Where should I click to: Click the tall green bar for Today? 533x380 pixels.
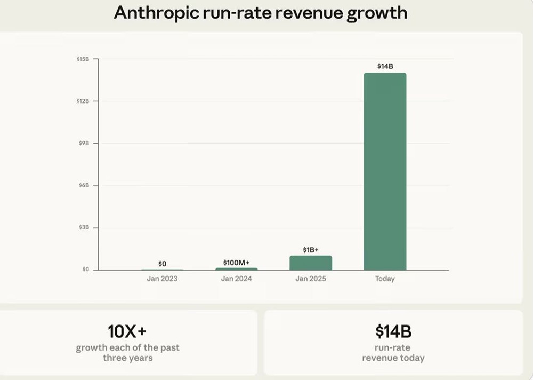[x=385, y=171]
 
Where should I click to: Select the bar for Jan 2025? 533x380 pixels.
[x=311, y=263]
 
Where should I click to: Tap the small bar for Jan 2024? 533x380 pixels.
[x=236, y=268]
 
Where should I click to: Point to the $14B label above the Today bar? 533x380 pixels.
[x=385, y=67]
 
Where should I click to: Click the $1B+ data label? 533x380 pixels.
[x=311, y=250]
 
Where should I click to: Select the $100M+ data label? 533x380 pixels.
[x=236, y=262]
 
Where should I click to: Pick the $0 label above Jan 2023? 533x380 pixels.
[x=162, y=264]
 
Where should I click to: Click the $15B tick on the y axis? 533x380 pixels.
[x=83, y=59]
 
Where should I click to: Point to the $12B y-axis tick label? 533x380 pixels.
[x=83, y=101]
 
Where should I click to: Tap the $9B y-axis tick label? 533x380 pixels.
[x=84, y=144]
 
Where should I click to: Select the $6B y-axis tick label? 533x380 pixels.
[x=84, y=185]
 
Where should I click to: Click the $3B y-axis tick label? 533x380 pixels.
[x=84, y=227]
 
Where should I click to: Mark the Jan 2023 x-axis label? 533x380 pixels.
[x=162, y=279]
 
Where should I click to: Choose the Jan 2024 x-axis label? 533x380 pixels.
[x=236, y=279]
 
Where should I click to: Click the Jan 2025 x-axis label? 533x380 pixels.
[x=311, y=279]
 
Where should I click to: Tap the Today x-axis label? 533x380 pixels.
[x=385, y=279]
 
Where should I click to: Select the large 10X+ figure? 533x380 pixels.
[x=127, y=331]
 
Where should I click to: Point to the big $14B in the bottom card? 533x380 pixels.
[x=393, y=331]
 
